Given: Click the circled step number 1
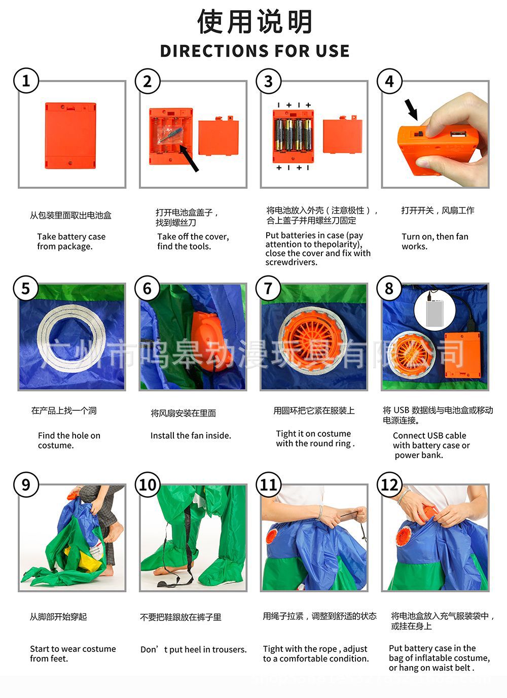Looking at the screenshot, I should point(26,81).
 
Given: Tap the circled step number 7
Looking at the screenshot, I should point(268,288).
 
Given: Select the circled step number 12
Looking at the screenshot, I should point(389,484).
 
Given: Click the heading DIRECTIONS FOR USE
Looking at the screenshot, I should point(255,51).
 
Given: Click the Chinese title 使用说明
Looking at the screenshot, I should point(255,22).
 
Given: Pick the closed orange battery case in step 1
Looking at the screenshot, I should point(70,135).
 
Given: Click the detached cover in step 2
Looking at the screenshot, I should point(219,137).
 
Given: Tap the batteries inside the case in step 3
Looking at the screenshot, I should point(293,135).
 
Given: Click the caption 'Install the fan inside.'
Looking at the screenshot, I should point(191,435).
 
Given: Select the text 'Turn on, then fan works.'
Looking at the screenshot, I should point(434,241).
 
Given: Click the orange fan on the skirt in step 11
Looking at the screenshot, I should point(271,536).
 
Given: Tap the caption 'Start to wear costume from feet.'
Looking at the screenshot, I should point(73,653).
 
